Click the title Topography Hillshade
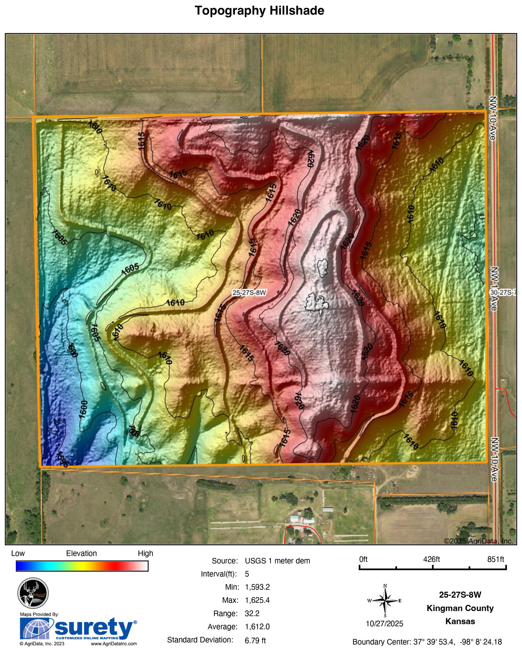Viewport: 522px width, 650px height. (x=259, y=11)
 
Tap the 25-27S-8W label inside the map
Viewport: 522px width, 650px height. (x=249, y=292)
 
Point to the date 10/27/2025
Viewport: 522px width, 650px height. (x=385, y=624)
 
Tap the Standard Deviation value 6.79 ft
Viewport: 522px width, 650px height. (x=255, y=640)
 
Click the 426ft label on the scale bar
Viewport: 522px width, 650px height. (x=431, y=559)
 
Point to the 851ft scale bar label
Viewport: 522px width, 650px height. (x=496, y=559)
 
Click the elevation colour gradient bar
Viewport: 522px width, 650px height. (x=82, y=566)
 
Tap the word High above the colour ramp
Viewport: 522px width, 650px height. (x=145, y=553)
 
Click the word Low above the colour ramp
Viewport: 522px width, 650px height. (x=18, y=553)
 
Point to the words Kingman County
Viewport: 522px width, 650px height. (x=460, y=608)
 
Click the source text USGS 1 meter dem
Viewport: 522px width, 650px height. (x=277, y=561)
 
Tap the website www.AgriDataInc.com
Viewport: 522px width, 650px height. (x=114, y=644)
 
